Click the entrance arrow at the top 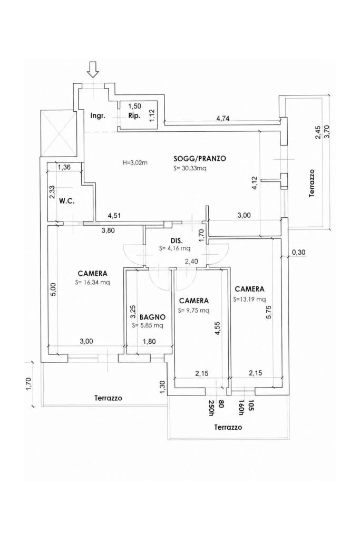[x=93, y=69]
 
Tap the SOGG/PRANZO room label [x=200, y=159]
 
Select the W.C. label [x=67, y=200]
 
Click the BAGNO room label [x=152, y=317]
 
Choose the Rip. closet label [x=134, y=115]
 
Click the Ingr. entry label [x=98, y=115]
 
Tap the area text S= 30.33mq [x=190, y=168]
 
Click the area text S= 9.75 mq [x=193, y=310]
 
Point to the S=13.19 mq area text [x=249, y=299]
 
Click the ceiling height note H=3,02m [x=135, y=162]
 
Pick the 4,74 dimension [x=222, y=119]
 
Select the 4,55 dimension [x=217, y=329]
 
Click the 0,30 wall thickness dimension [x=298, y=253]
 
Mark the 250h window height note [x=212, y=409]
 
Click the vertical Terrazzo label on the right [x=312, y=183]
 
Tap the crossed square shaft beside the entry [x=58, y=132]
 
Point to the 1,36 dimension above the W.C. [x=64, y=168]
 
